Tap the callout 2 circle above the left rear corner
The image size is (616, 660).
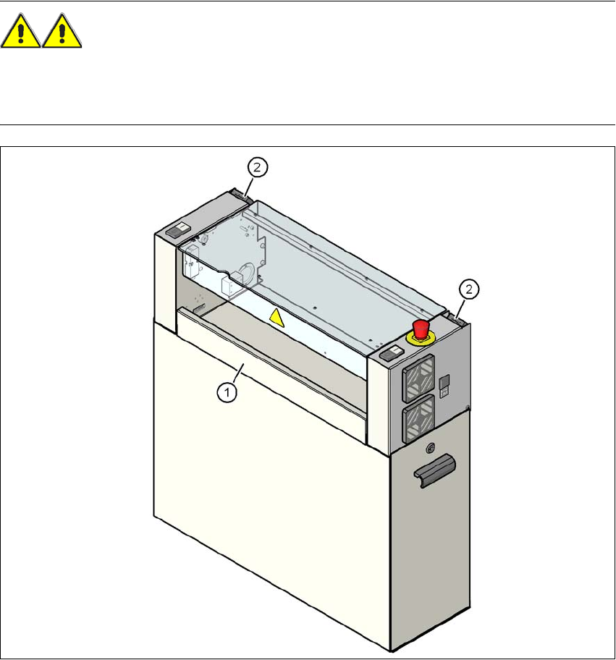click(258, 166)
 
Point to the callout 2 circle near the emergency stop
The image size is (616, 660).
click(471, 290)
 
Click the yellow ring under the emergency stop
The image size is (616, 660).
click(420, 335)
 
